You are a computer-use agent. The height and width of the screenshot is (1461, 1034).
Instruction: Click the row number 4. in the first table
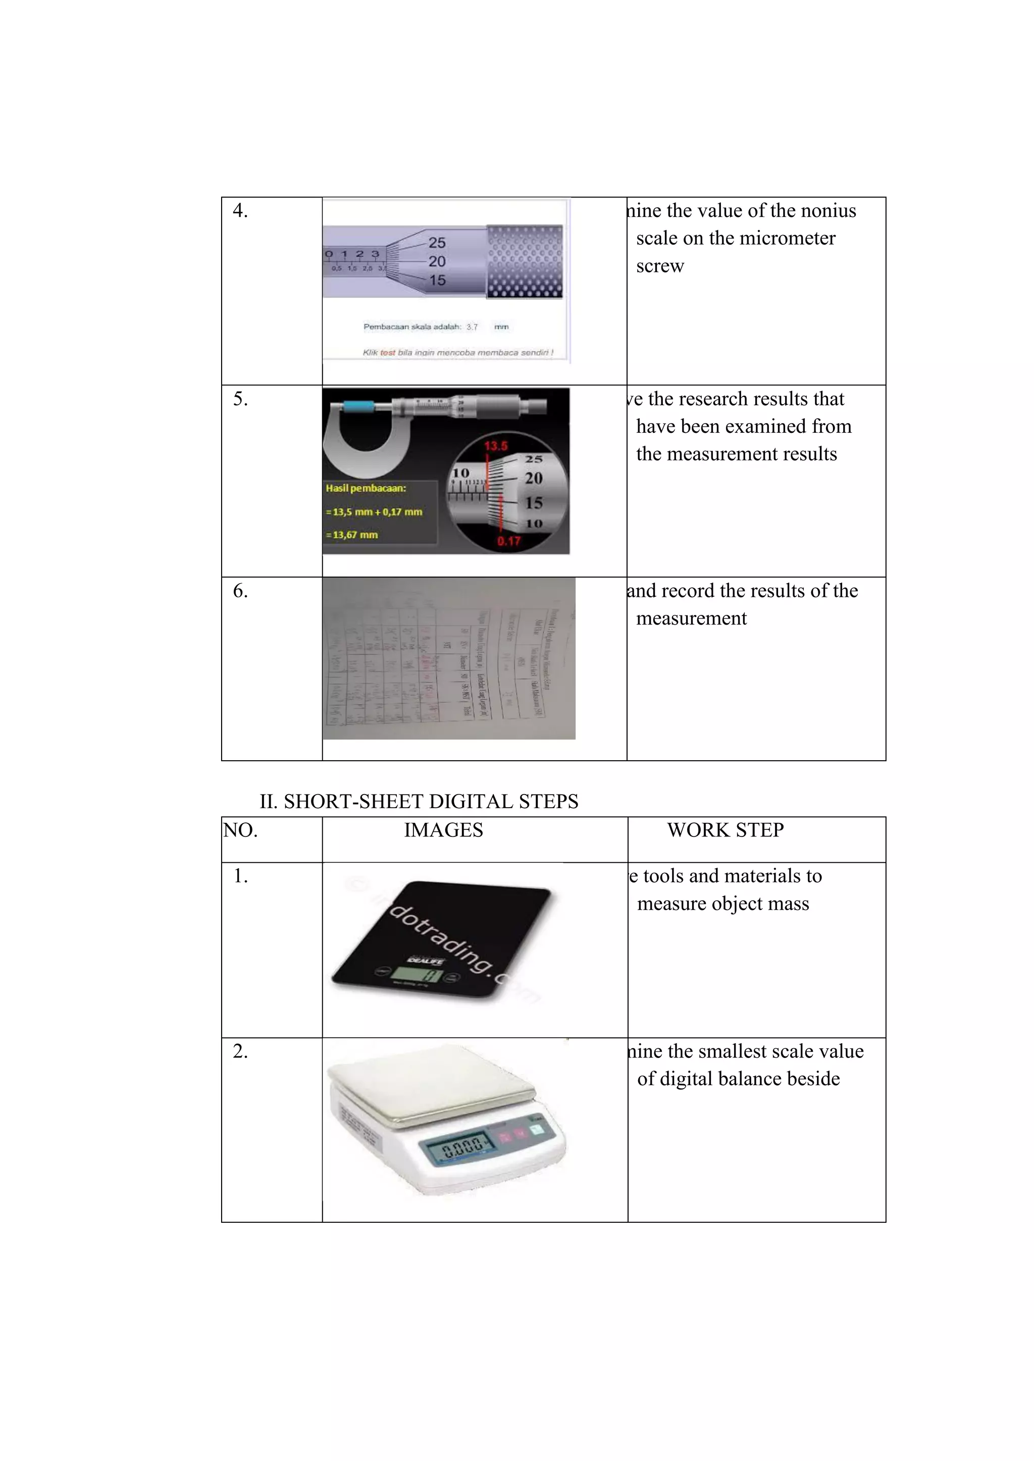coord(240,210)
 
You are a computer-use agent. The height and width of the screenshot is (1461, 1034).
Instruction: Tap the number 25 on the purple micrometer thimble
coord(437,243)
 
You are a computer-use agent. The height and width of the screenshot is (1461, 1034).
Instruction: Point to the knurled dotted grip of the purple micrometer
coord(525,261)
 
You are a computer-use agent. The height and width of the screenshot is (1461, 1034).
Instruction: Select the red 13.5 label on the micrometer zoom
coord(495,445)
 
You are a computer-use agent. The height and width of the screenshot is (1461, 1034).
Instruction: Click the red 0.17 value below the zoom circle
coord(509,541)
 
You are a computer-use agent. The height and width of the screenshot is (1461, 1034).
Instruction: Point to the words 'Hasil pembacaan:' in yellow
coord(366,488)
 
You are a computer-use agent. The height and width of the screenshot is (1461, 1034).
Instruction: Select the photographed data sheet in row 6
coord(449,658)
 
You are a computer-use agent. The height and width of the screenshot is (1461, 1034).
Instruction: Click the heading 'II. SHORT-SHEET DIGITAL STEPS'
coord(419,801)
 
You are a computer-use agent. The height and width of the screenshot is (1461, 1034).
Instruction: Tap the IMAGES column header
coord(443,830)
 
